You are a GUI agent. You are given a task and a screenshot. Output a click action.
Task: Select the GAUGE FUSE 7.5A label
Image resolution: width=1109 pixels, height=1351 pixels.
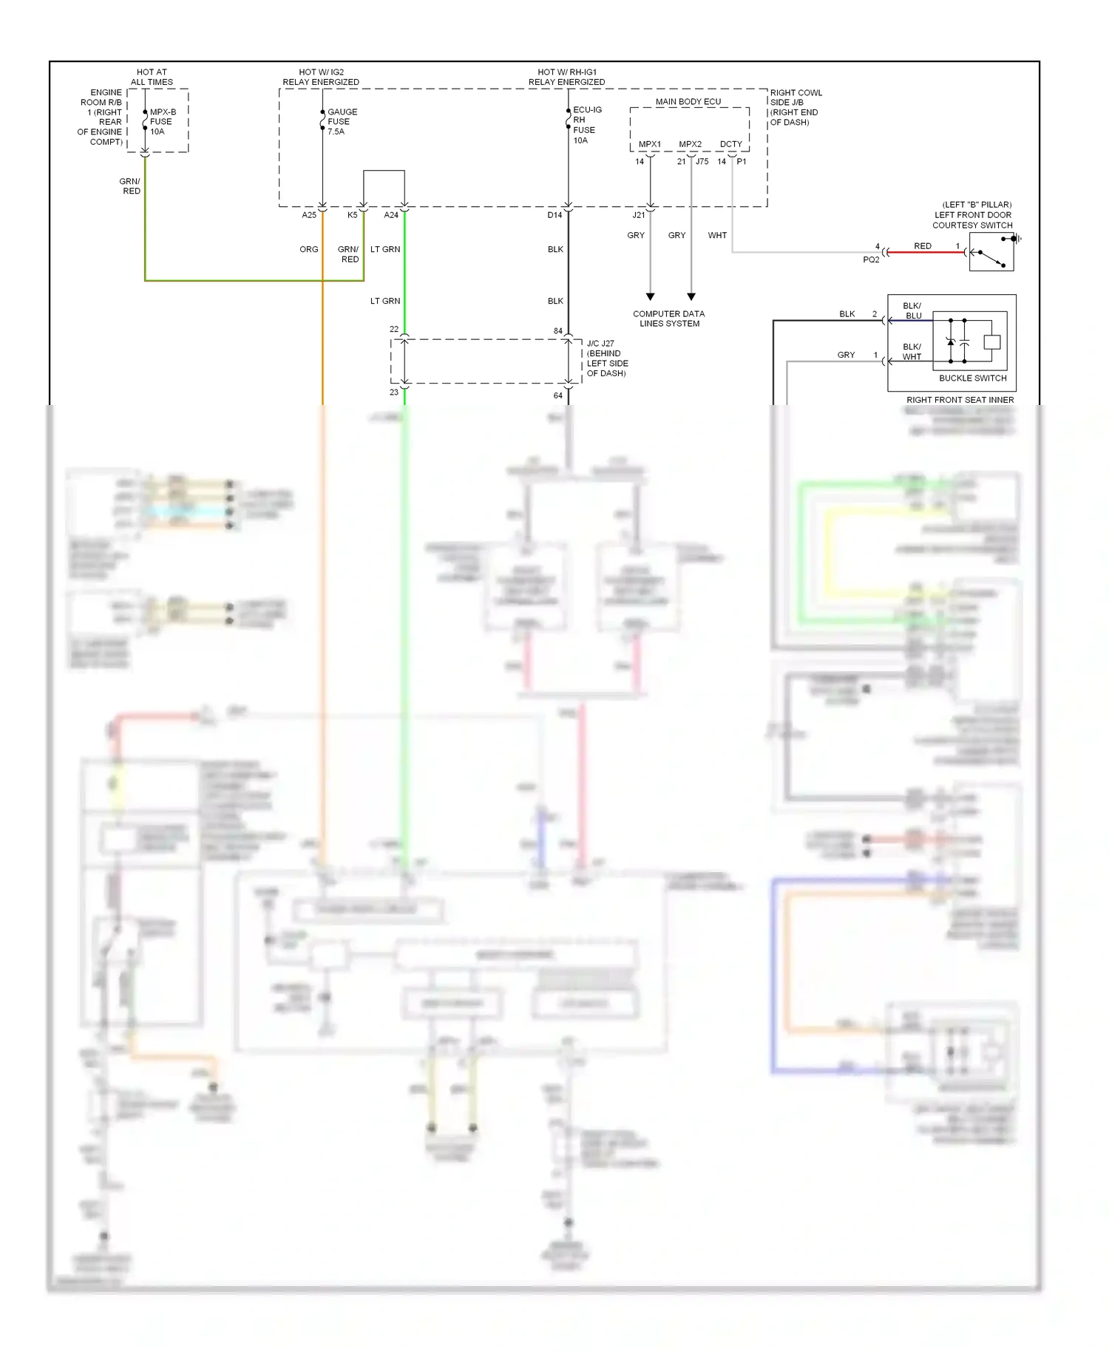(342, 122)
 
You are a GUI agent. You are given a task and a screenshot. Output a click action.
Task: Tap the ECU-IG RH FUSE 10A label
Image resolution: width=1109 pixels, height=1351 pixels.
(587, 125)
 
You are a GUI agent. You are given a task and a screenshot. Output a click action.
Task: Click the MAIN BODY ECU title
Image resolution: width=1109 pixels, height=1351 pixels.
(688, 102)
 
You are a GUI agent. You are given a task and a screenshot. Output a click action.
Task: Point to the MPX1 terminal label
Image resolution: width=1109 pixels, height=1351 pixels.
(650, 144)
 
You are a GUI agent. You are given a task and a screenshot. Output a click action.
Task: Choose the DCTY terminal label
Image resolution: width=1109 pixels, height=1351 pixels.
(730, 144)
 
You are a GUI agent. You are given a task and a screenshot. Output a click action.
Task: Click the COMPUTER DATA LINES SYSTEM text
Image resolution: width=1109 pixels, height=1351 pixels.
(668, 319)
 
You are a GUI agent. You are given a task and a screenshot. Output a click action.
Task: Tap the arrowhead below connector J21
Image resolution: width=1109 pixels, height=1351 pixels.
(650, 296)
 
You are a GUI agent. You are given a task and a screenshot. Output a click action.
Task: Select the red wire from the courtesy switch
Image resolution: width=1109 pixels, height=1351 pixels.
(924, 253)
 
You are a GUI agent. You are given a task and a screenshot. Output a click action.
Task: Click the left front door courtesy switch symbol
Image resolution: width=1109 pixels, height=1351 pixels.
(991, 253)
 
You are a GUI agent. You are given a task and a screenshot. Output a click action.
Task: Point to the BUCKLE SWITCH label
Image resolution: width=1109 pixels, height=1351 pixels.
(972, 378)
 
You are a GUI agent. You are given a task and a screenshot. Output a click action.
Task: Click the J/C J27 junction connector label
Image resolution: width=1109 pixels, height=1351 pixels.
(606, 358)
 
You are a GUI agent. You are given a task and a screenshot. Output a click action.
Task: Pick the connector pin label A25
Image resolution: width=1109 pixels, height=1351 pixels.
(309, 215)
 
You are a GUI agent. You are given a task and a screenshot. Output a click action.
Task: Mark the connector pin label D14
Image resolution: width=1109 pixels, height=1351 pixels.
(554, 215)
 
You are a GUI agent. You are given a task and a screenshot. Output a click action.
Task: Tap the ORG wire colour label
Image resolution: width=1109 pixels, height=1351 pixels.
(309, 250)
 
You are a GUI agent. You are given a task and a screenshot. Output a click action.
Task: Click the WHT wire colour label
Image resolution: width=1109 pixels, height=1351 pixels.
(717, 236)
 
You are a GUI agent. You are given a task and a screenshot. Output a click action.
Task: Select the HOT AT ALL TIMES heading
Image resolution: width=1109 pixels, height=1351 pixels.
(152, 78)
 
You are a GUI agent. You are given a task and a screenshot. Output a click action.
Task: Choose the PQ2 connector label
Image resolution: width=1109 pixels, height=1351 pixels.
(871, 260)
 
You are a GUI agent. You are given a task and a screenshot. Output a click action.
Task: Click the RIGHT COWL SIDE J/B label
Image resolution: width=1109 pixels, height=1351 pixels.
(796, 107)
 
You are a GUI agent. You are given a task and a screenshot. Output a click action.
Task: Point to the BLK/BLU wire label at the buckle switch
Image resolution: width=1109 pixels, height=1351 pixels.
(912, 311)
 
